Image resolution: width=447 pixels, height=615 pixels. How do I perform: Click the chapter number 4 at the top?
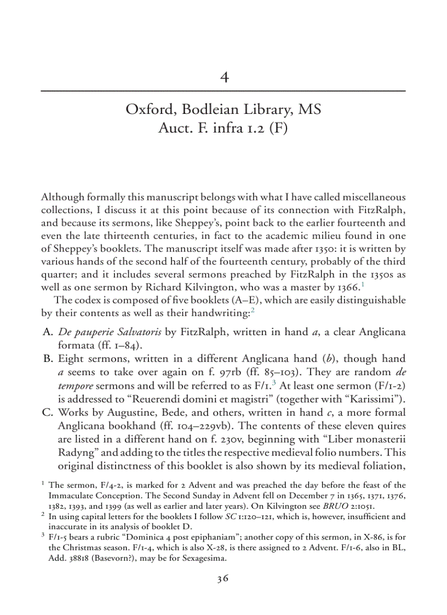click(x=224, y=77)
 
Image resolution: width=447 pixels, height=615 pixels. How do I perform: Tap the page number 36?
click(x=223, y=579)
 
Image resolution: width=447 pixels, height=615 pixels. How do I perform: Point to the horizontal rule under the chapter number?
click(x=224, y=90)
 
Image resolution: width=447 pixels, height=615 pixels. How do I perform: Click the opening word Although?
click(x=62, y=197)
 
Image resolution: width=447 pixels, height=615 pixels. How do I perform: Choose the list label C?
click(x=47, y=411)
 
